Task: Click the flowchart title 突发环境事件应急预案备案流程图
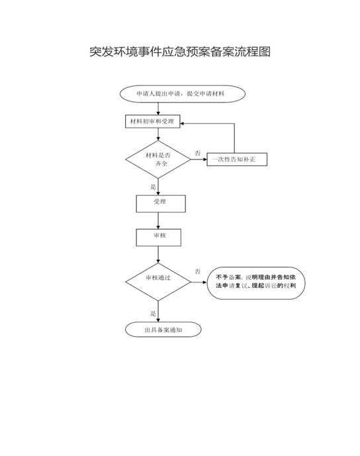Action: pyautogui.click(x=180, y=52)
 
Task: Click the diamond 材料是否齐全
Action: pyautogui.click(x=157, y=159)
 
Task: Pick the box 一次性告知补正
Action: pyautogui.click(x=237, y=160)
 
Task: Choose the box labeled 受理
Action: pyautogui.click(x=160, y=203)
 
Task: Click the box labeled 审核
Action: pyautogui.click(x=158, y=236)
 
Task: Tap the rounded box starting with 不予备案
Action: pyautogui.click(x=255, y=281)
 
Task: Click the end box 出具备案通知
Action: pyautogui.click(x=163, y=329)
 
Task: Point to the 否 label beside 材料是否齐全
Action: pyautogui.click(x=198, y=154)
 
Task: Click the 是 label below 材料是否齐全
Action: pyautogui.click(x=153, y=187)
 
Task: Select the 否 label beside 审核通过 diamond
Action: pyautogui.click(x=198, y=272)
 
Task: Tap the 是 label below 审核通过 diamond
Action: pyautogui.click(x=153, y=313)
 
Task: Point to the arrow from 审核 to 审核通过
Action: pyautogui.click(x=158, y=255)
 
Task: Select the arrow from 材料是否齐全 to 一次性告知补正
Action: pyautogui.click(x=198, y=160)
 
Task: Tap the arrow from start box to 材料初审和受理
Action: pyautogui.click(x=158, y=109)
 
